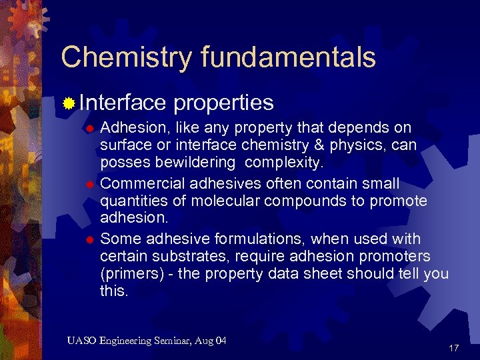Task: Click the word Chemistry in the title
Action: [116, 57]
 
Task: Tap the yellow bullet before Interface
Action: [68, 103]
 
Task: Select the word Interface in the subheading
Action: [123, 102]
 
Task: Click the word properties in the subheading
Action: [223, 102]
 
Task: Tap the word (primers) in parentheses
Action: [130, 274]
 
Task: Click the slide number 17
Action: [454, 348]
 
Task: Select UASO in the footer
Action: [81, 341]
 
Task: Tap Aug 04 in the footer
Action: [212, 341]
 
